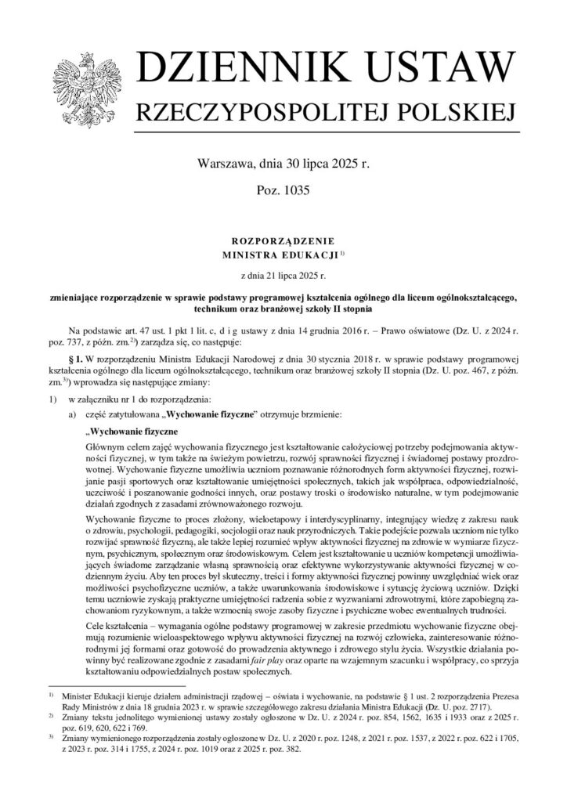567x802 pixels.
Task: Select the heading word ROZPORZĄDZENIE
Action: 283,242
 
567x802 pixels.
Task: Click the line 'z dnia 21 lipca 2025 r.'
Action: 283,276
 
